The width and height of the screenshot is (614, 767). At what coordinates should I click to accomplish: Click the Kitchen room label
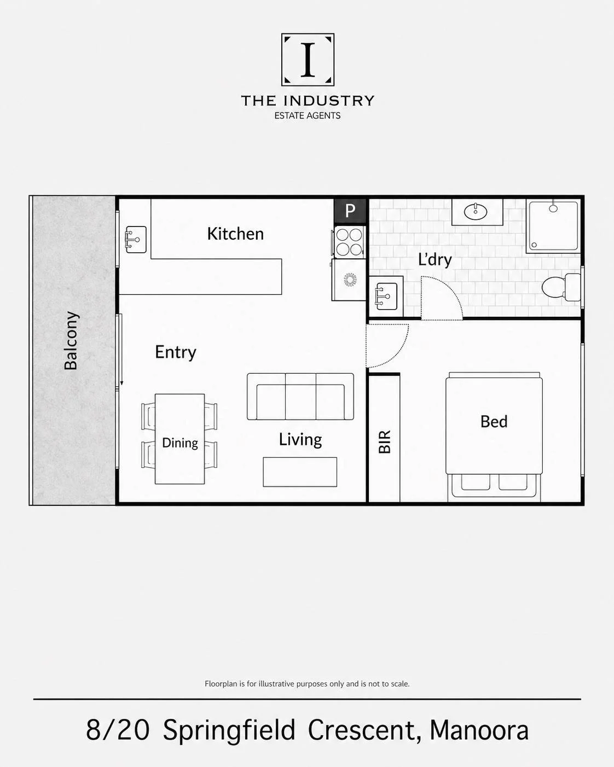click(235, 234)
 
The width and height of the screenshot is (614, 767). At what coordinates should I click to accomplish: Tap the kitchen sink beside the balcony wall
click(136, 240)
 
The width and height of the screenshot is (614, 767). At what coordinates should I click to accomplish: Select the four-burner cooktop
click(350, 242)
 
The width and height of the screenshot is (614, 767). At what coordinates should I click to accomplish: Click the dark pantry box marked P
click(350, 211)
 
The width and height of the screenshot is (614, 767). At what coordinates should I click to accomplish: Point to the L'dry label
click(435, 259)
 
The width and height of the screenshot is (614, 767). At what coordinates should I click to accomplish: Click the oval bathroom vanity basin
click(476, 212)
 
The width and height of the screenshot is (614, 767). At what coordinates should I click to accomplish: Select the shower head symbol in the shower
click(553, 208)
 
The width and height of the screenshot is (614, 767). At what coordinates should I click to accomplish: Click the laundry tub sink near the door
click(386, 296)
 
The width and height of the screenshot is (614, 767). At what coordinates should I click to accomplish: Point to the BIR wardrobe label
click(385, 441)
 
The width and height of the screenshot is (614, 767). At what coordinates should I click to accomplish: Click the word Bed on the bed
click(494, 422)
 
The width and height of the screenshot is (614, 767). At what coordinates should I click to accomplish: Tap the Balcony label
click(71, 341)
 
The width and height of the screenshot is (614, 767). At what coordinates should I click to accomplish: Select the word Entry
click(176, 352)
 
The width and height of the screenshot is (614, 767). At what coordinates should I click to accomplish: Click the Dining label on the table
click(180, 443)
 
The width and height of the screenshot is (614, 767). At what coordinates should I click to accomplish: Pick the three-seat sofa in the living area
click(300, 397)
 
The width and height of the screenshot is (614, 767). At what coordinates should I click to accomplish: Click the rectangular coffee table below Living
click(300, 472)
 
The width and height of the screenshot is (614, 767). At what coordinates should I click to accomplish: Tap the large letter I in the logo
click(308, 60)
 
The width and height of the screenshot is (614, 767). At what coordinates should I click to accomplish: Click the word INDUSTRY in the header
click(329, 101)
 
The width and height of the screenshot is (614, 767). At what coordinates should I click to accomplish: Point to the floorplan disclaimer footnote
click(307, 684)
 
